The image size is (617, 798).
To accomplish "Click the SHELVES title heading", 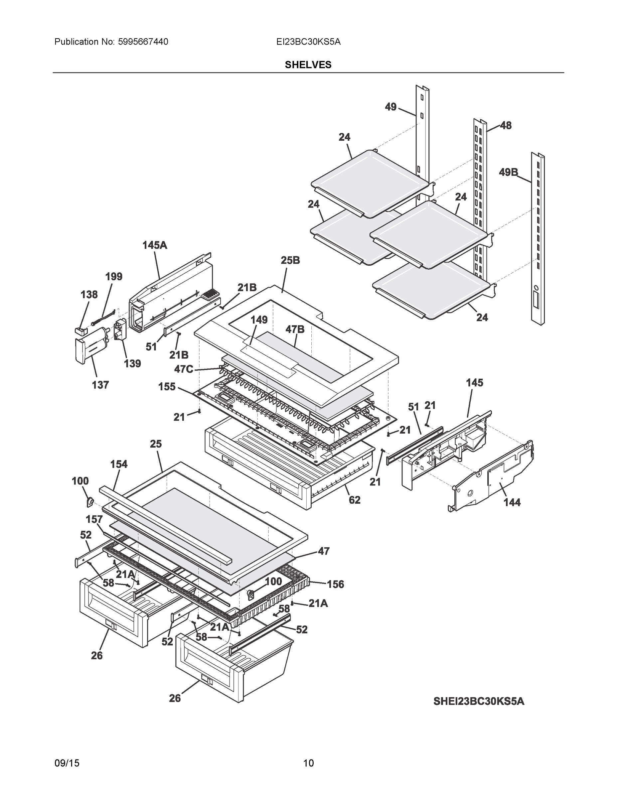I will coord(308,65).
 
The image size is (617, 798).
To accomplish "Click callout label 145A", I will coord(155,245).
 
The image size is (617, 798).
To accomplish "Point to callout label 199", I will coord(114,277).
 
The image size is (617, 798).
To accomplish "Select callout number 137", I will coord(100,385).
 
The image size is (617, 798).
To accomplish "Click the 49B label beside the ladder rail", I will coord(509,172).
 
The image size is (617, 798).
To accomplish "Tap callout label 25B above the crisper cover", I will coord(290,261).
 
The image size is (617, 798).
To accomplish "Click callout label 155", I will coord(167,387).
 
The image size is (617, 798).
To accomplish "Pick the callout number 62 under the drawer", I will coord(355,500).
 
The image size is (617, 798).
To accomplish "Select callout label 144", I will coord(512,503).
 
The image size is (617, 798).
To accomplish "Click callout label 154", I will coord(119,465).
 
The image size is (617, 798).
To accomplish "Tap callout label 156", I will coord(335,584).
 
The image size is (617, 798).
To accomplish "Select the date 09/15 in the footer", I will coord(67,763).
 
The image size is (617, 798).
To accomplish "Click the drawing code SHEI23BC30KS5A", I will coord(479,701).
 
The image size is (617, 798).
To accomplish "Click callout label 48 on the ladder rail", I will coord(506,126).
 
